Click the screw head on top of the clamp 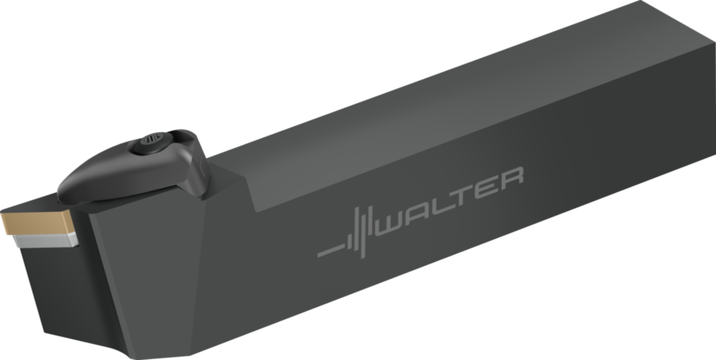pos(149,142)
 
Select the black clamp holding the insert pos(133,168)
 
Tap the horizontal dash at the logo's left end pos(329,251)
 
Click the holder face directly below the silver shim pos(49,280)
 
